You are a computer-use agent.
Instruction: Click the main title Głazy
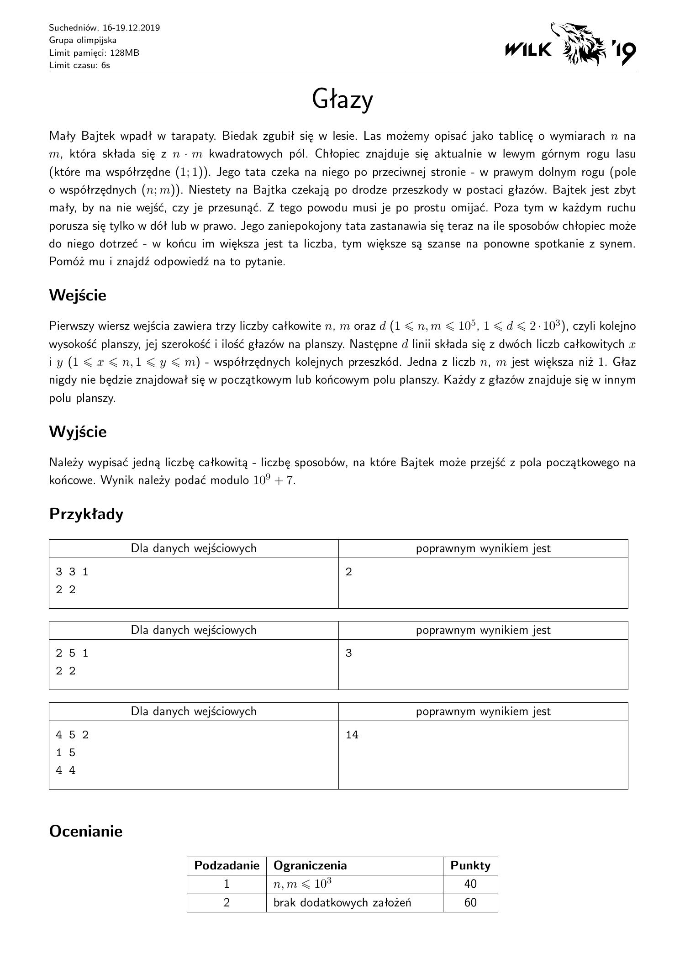[342, 100]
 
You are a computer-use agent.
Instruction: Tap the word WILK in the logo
[528, 49]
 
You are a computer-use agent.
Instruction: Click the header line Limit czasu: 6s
[79, 65]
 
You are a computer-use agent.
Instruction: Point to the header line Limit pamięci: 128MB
[94, 53]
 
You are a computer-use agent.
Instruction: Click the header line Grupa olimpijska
[83, 40]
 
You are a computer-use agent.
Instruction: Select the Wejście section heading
[78, 295]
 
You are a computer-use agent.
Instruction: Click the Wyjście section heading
[78, 432]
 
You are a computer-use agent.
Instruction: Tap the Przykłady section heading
[86, 514]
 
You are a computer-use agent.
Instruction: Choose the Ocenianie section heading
[86, 831]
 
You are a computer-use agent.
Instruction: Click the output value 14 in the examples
[352, 735]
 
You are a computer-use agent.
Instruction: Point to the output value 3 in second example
[349, 653]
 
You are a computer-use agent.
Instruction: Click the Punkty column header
[470, 865]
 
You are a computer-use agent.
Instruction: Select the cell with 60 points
[470, 902]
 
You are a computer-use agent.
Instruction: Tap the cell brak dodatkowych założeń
[342, 902]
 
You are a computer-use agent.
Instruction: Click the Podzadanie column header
[227, 865]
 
